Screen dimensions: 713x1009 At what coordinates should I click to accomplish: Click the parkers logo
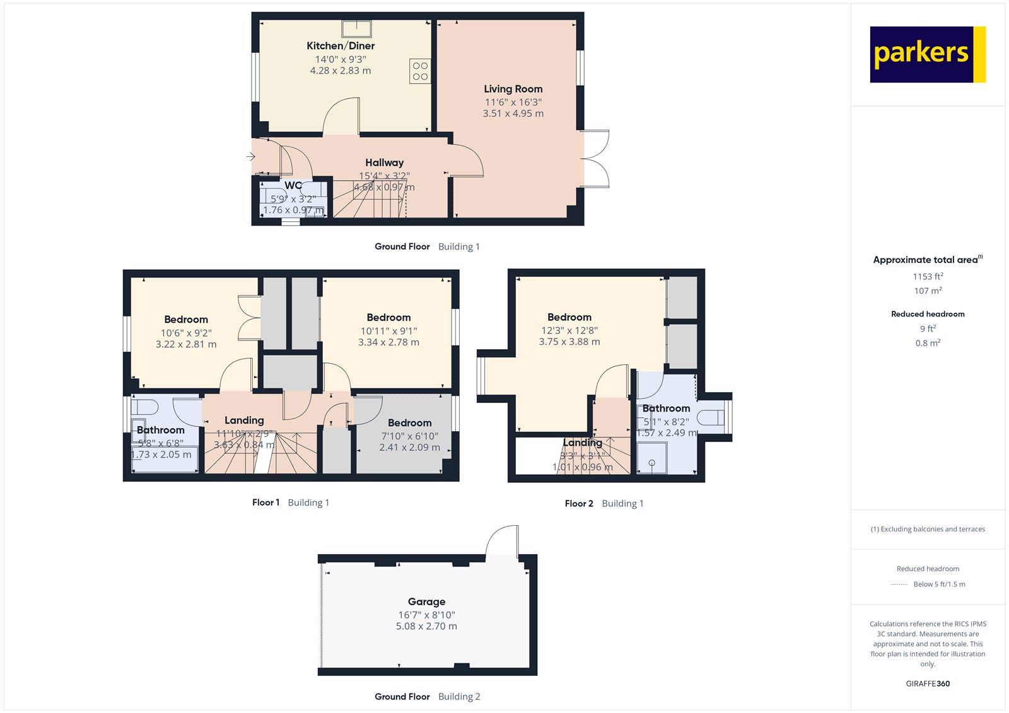click(x=927, y=54)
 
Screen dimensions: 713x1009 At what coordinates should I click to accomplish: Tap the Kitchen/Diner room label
click(x=341, y=46)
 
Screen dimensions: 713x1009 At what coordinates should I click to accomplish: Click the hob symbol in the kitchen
click(x=420, y=71)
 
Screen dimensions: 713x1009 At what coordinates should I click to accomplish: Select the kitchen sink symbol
click(x=357, y=28)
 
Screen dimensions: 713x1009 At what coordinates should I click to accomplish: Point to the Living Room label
click(x=513, y=89)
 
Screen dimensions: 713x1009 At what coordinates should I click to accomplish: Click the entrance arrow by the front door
click(x=250, y=156)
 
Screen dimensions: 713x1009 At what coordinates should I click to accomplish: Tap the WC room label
click(x=293, y=185)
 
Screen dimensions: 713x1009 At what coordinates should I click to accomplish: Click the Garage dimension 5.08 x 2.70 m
click(x=426, y=626)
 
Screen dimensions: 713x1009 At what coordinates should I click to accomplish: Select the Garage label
click(x=426, y=601)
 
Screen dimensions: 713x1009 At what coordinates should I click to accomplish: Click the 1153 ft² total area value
click(x=928, y=276)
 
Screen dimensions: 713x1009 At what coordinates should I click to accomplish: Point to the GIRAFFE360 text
click(x=928, y=683)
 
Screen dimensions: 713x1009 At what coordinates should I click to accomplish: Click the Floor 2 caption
click(x=579, y=503)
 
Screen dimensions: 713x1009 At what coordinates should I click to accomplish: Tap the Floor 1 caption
click(x=265, y=502)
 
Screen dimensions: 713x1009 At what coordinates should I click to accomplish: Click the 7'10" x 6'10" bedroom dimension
click(x=409, y=436)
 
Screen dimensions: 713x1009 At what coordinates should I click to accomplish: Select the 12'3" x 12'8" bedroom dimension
click(x=569, y=330)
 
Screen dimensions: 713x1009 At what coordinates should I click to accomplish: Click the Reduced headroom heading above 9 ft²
click(x=928, y=314)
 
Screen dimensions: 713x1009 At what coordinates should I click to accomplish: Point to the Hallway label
click(x=384, y=163)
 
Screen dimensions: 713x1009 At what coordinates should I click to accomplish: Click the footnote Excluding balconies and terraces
click(x=928, y=529)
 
